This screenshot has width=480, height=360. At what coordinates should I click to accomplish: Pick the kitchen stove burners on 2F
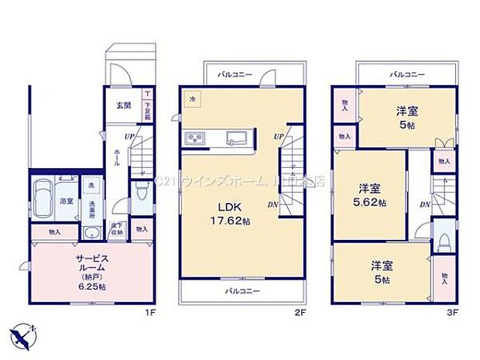(x=194, y=139)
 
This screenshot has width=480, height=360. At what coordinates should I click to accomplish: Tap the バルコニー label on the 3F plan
(x=406, y=75)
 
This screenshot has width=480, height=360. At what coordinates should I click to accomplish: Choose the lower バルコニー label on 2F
(x=243, y=291)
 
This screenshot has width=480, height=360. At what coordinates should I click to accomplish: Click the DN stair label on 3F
(x=425, y=204)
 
